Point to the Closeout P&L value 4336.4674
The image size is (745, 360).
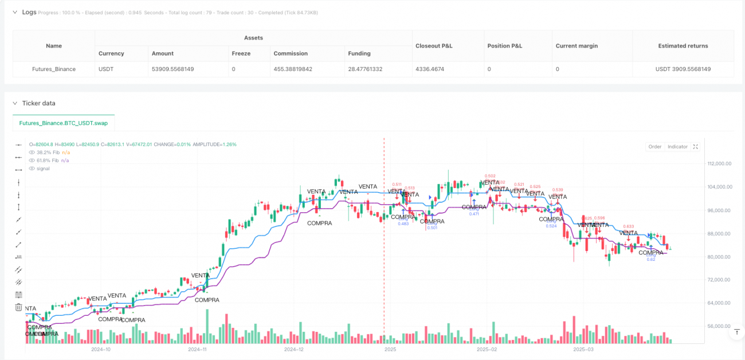[x=434, y=69]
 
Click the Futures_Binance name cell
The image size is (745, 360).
[x=54, y=69]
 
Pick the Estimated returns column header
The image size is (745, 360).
[x=683, y=46]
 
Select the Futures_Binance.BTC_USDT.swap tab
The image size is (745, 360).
[x=63, y=123]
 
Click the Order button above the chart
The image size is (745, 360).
[x=654, y=147]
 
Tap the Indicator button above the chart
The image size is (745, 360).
[x=677, y=147]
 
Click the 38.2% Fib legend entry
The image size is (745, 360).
[x=48, y=152]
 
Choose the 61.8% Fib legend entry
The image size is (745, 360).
[x=48, y=160]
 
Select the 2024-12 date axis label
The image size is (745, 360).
[x=293, y=349]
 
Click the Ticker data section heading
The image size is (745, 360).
[x=38, y=103]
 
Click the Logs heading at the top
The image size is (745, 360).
[x=29, y=12]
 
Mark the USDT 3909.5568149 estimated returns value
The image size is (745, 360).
[x=683, y=69]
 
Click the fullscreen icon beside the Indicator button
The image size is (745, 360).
[x=696, y=147]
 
